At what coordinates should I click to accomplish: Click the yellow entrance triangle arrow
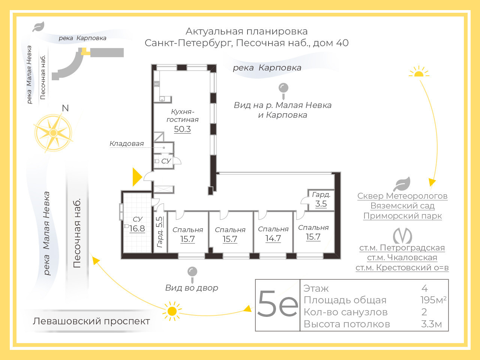click(x=137, y=177)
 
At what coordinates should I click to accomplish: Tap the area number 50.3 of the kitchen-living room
click(x=182, y=129)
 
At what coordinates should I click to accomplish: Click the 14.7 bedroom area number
click(x=273, y=238)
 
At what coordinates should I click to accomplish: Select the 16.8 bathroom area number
click(x=137, y=229)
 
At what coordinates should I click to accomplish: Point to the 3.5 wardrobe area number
click(x=321, y=204)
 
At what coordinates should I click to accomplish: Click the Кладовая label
click(x=127, y=144)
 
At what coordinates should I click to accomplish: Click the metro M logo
click(x=402, y=236)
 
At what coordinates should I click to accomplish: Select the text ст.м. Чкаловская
click(x=402, y=258)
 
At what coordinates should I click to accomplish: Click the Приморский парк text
click(x=403, y=216)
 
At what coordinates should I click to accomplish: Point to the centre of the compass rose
click(x=53, y=133)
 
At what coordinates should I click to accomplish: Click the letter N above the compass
click(x=65, y=108)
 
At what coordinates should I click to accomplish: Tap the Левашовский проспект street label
click(x=91, y=321)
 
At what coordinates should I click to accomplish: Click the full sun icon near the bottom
click(x=172, y=311)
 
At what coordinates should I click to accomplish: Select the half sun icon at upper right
click(x=419, y=72)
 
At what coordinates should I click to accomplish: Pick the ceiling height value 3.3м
click(x=432, y=324)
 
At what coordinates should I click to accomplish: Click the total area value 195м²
click(x=433, y=300)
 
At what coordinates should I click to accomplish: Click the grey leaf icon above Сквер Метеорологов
click(x=402, y=184)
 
